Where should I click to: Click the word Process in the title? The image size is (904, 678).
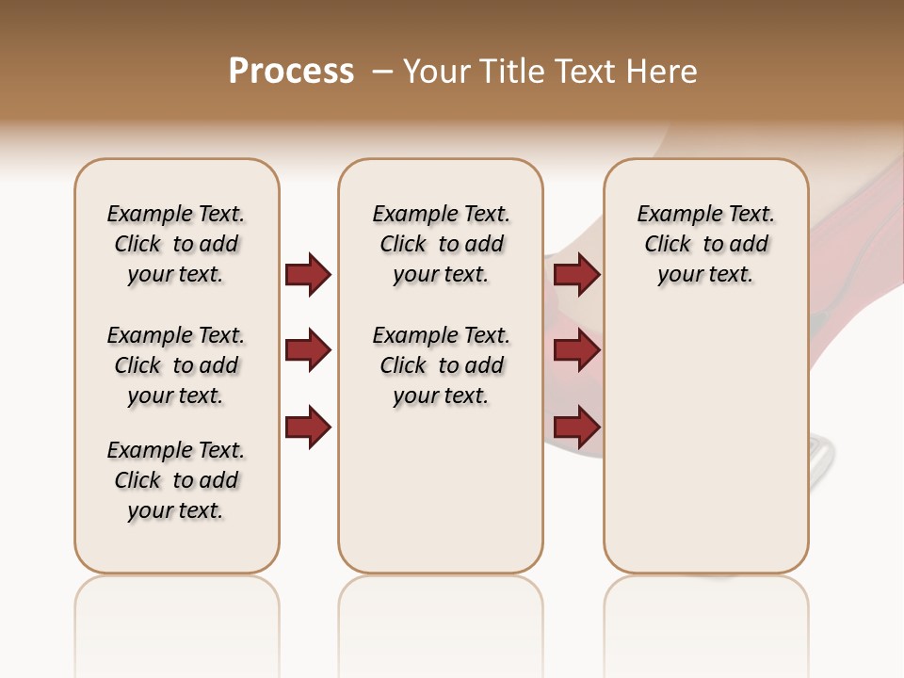(291, 71)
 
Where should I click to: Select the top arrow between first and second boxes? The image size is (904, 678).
(308, 274)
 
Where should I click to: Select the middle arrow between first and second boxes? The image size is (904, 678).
(308, 351)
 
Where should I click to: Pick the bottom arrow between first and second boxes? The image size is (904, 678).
(308, 427)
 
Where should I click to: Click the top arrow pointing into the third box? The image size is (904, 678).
(576, 274)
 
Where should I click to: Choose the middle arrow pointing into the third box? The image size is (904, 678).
(576, 351)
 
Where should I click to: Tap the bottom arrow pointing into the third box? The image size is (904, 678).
(576, 427)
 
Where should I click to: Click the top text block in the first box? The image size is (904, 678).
(176, 244)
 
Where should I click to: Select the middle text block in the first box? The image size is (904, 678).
(176, 365)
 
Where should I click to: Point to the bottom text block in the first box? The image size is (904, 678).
(176, 480)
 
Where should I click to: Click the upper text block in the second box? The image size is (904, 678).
(441, 244)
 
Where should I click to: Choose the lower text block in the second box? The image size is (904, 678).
(441, 365)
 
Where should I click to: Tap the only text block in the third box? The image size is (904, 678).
(706, 244)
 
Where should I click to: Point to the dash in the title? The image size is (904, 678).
(382, 72)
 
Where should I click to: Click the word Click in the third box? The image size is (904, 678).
(668, 244)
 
